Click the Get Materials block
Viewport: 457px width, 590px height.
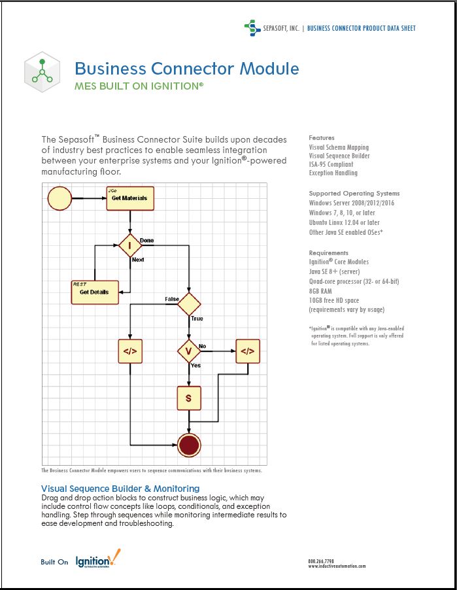(x=130, y=198)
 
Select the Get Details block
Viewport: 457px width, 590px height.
(x=94, y=292)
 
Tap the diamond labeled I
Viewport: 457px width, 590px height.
(x=130, y=246)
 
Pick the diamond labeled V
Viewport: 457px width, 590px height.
(x=190, y=351)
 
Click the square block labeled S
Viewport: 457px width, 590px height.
(x=189, y=398)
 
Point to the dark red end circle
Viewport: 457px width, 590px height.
(x=189, y=445)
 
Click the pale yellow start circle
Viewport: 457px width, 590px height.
(x=59, y=198)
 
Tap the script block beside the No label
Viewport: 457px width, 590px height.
(x=248, y=351)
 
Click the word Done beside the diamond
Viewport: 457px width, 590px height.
(x=147, y=241)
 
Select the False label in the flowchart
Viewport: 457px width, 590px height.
(x=172, y=299)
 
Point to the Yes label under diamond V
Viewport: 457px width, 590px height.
(x=195, y=366)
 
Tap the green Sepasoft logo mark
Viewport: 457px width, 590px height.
(x=252, y=27)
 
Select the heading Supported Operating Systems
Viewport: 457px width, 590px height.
(x=354, y=194)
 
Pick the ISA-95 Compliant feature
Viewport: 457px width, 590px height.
(x=333, y=165)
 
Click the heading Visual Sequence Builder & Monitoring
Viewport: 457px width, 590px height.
(x=120, y=489)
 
